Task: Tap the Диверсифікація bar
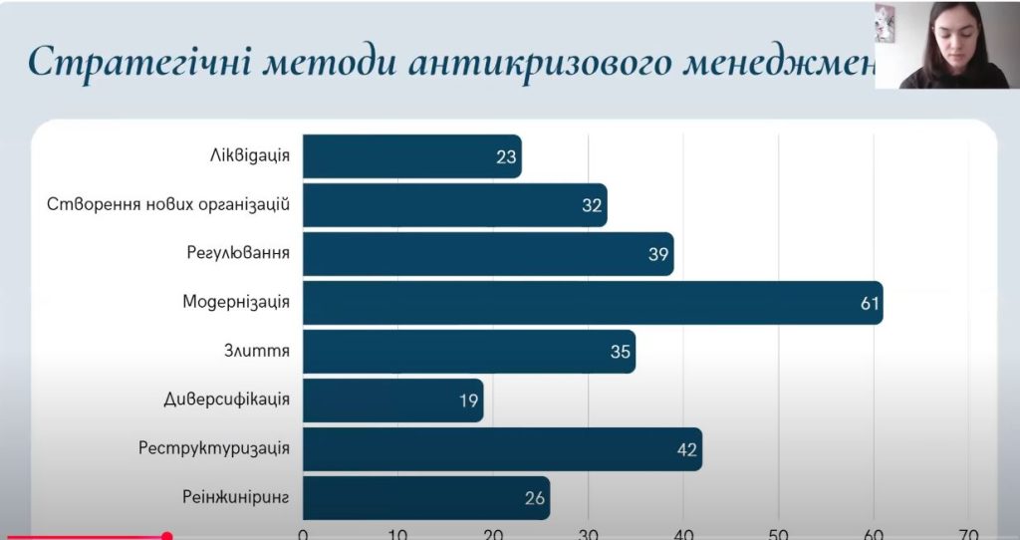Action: tap(392, 401)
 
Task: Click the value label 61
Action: tap(871, 303)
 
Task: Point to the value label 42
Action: tap(686, 449)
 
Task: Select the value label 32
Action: tap(593, 205)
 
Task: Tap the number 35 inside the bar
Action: tap(620, 352)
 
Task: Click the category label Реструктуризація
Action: tap(214, 448)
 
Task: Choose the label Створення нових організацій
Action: tap(168, 204)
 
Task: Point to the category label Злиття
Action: tap(257, 351)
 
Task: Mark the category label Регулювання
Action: tap(238, 253)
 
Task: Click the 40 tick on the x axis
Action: tap(684, 532)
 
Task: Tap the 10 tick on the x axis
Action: tap(397, 532)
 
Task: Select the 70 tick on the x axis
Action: tap(969, 532)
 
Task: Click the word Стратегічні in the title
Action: tap(129, 62)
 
